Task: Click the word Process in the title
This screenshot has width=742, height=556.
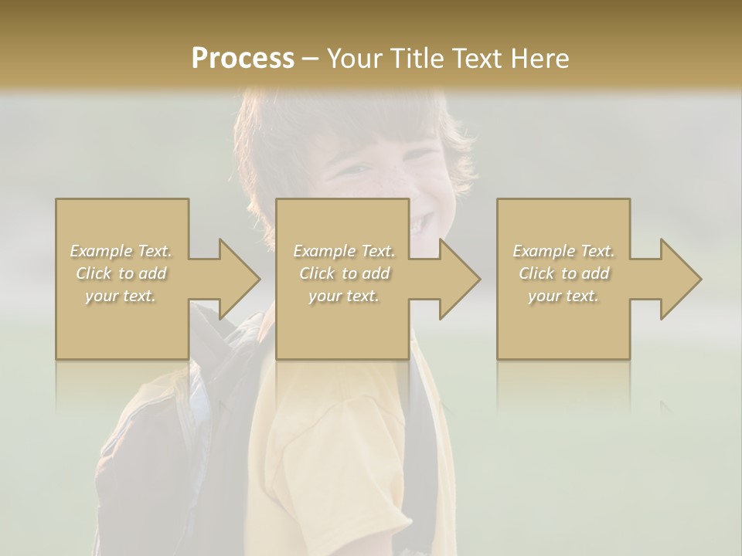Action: pyautogui.click(x=243, y=59)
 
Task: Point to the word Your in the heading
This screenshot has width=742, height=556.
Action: pyautogui.click(x=356, y=59)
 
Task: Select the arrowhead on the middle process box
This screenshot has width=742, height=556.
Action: pyautogui.click(x=458, y=279)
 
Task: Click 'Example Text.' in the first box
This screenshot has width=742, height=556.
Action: pyautogui.click(x=121, y=251)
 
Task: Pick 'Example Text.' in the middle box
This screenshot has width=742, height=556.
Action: pyautogui.click(x=344, y=251)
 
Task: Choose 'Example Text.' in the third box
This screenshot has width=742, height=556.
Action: pyautogui.click(x=563, y=251)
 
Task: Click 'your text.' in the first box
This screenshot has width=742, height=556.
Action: pyautogui.click(x=121, y=296)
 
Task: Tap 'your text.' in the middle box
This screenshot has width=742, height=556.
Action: pyautogui.click(x=344, y=296)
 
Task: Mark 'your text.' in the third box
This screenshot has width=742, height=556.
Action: pyautogui.click(x=563, y=296)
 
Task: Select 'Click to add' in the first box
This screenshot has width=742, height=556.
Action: pyautogui.click(x=121, y=273)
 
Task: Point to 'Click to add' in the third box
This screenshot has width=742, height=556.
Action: pyautogui.click(x=563, y=273)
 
